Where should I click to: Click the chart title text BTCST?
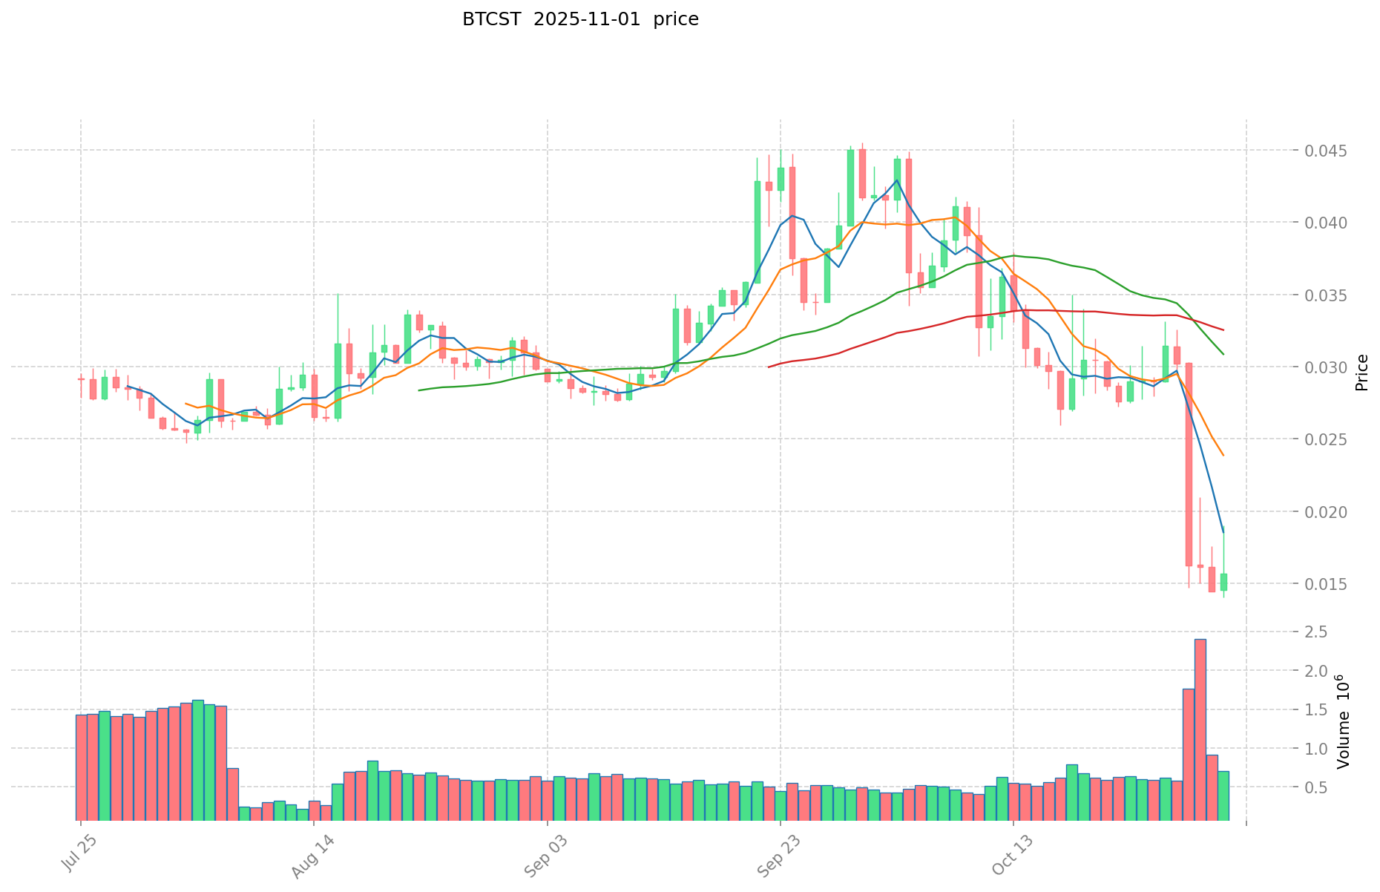click(x=487, y=19)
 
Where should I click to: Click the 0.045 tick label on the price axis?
click(x=1328, y=151)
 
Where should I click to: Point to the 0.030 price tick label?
click(x=1328, y=367)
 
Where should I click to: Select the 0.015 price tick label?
click(x=1328, y=584)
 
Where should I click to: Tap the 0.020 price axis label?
click(x=1328, y=512)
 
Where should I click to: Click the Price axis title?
click(x=1361, y=373)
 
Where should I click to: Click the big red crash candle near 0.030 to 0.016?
click(x=1189, y=464)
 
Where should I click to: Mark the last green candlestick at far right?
click(x=1223, y=582)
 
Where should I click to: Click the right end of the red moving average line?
click(x=1223, y=329)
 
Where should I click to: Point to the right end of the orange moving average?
click(x=1223, y=455)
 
